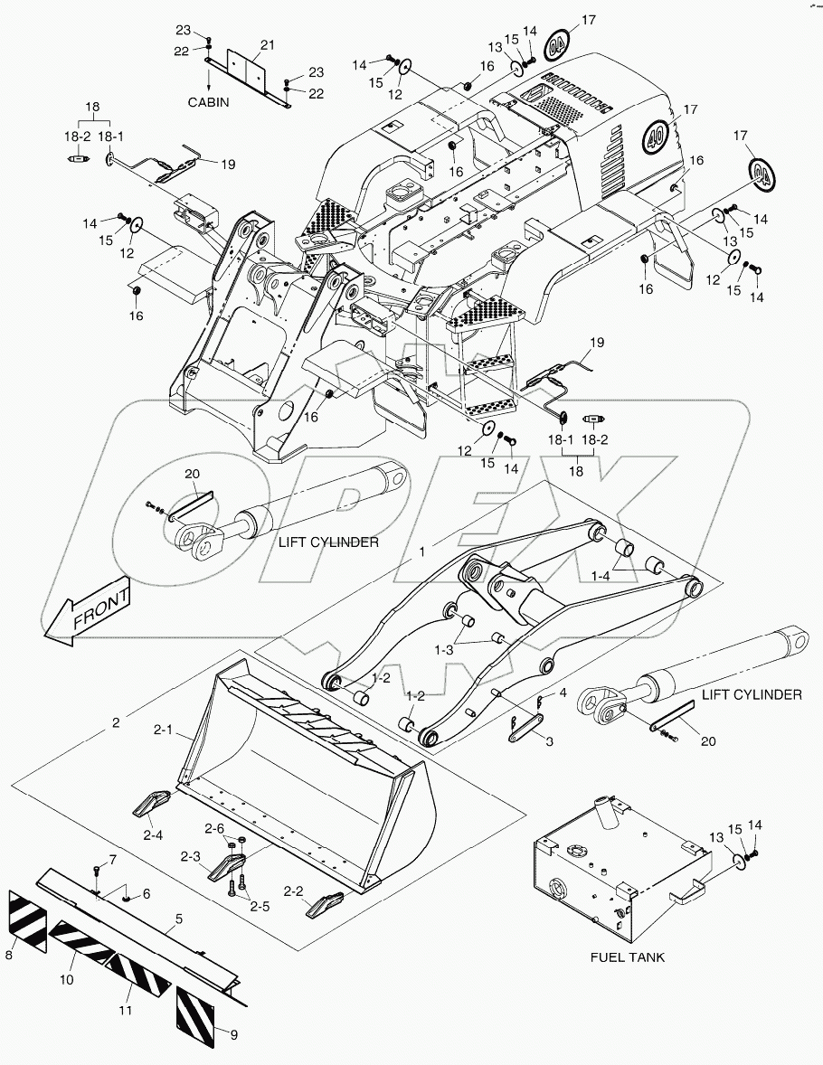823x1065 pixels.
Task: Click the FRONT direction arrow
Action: point(88,612)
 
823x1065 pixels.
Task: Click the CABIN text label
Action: point(208,102)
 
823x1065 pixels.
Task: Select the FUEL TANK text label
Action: point(628,957)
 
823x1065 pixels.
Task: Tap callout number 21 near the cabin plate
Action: point(267,45)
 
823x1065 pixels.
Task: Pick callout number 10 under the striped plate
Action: point(67,979)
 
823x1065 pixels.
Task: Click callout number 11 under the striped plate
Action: point(126,1009)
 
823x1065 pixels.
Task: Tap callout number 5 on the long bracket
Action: point(179,919)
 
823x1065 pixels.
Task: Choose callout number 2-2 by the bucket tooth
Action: point(293,891)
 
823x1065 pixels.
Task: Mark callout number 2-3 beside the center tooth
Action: point(190,855)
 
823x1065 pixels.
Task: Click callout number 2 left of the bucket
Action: point(115,722)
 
